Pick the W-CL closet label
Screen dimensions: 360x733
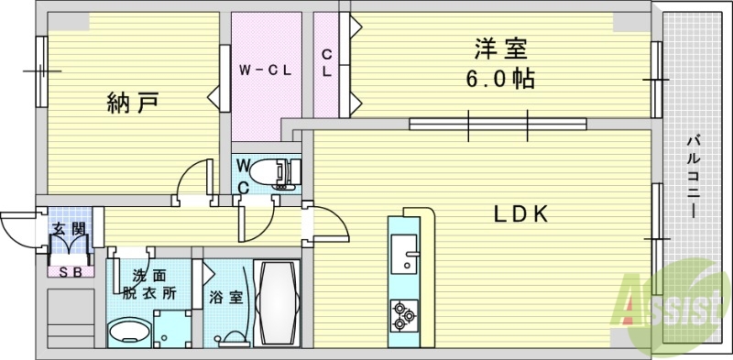coord(265,70)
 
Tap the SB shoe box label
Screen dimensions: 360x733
coord(67,272)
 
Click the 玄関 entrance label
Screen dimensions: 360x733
coord(66,229)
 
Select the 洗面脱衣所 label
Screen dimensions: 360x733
coord(148,285)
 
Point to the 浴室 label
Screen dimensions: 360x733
coord(223,298)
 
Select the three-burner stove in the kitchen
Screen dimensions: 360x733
coord(404,316)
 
